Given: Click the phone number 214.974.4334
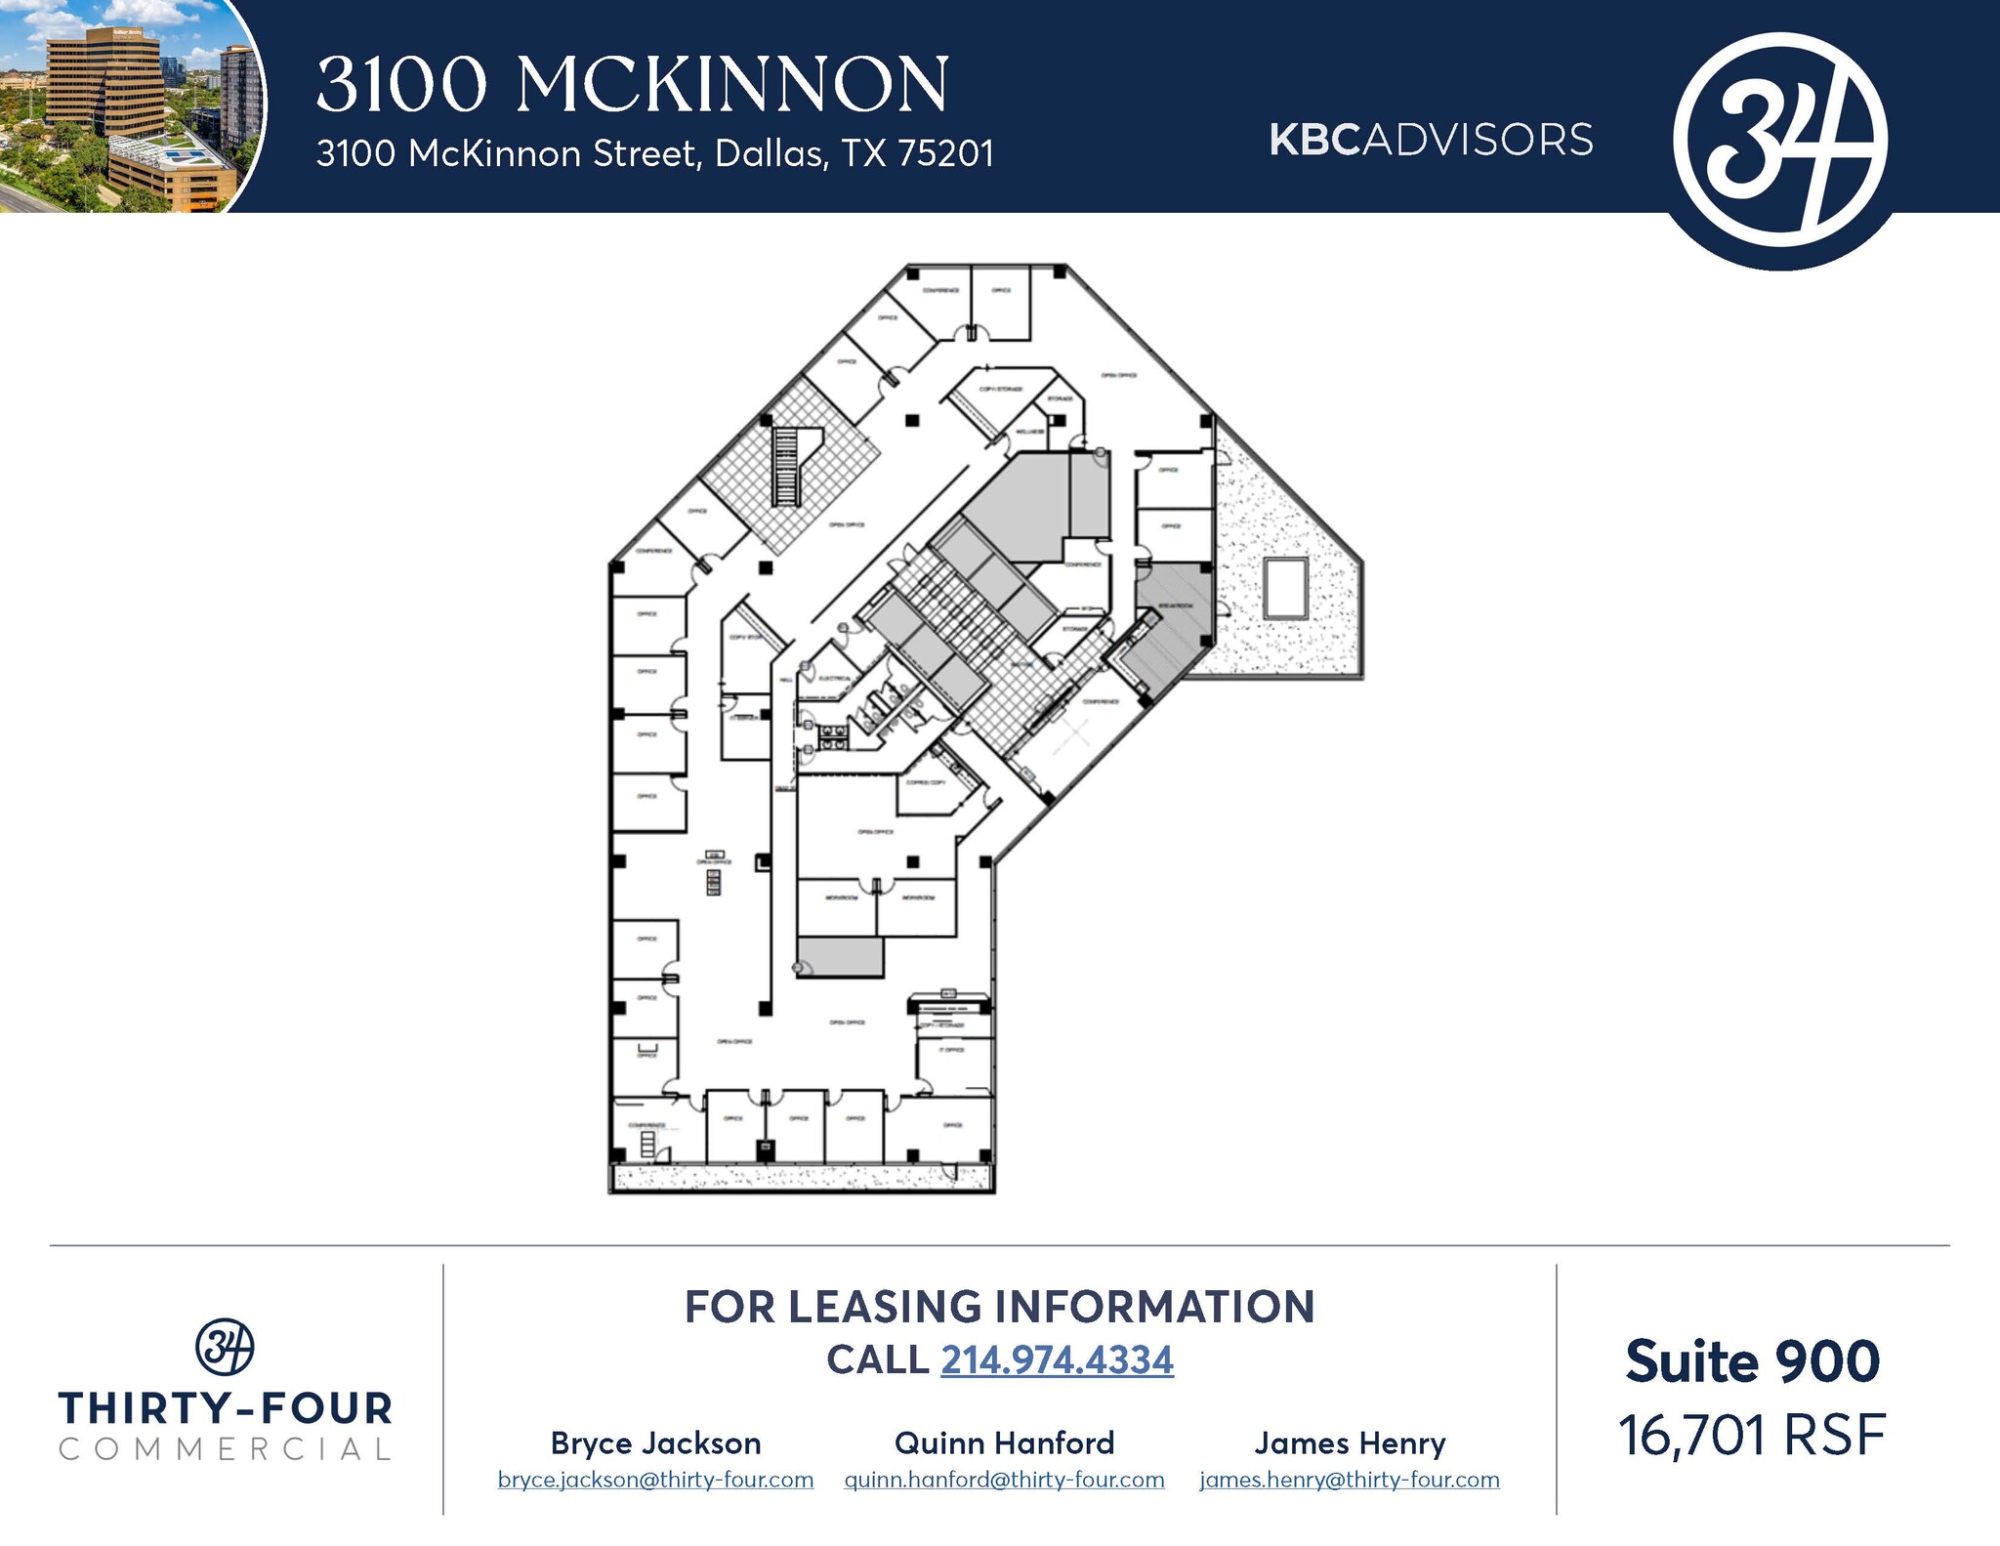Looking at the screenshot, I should point(1057,1359).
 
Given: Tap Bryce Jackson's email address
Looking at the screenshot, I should point(655,1480).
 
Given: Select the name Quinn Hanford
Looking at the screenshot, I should point(1004,1442).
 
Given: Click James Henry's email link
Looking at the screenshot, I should point(1350,1480).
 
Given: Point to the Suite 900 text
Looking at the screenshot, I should point(1752,1361).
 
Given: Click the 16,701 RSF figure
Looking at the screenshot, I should point(1752,1436).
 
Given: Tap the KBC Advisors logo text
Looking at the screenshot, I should point(1431,140).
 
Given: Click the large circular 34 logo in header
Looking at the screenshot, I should point(1780,140).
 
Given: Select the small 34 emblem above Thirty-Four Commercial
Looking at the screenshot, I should point(225,1347).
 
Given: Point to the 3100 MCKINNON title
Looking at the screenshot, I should point(632,85).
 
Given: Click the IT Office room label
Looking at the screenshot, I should point(952,1050).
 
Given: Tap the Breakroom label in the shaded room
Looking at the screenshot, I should point(1175,606).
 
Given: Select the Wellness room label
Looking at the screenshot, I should point(1030,432).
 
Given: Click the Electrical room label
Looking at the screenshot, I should point(835,678).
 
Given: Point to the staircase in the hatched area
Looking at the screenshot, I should point(785,467).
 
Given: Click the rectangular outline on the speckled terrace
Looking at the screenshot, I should point(1285,587).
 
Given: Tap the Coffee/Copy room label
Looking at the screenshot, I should point(925,782).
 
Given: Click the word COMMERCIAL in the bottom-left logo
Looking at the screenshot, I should point(225,1449).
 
